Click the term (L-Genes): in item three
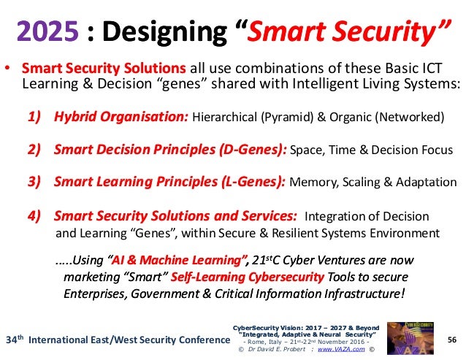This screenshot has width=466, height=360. point(247,183)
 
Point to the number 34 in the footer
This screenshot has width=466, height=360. point(10,340)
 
